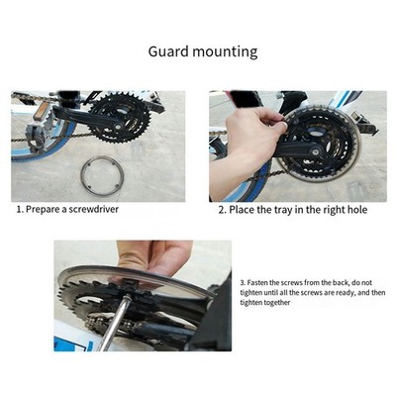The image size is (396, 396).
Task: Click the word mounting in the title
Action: [225, 52]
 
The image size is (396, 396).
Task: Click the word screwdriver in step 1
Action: [93, 209]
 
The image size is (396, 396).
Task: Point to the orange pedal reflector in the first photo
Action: [41, 111]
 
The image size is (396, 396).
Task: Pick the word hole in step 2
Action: [356, 210]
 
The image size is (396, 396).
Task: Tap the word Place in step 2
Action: [241, 210]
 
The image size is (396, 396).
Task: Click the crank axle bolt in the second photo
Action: [316, 152]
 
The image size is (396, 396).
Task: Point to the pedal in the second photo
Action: [364, 124]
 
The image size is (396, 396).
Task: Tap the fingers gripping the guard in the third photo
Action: [154, 256]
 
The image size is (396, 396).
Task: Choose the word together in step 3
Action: [277, 303]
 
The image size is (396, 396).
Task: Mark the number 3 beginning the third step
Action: [243, 283]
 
